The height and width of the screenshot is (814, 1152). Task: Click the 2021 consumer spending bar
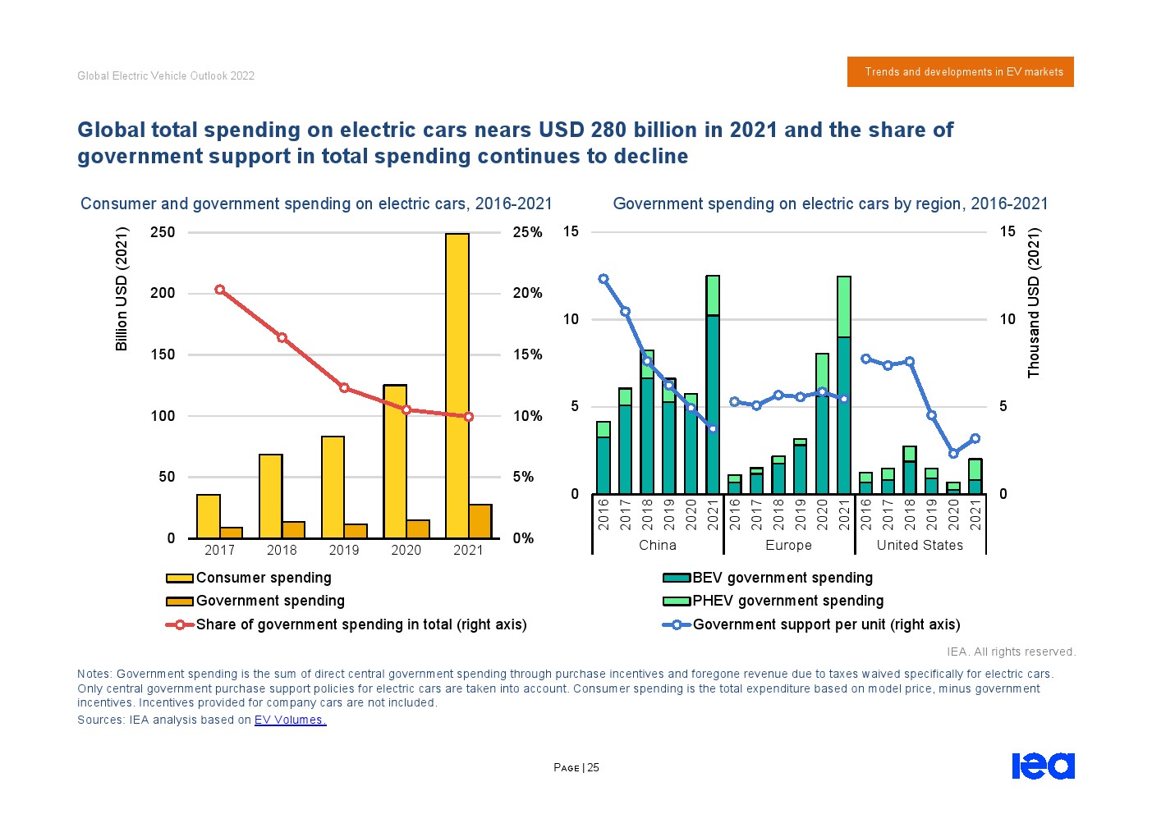pyautogui.click(x=457, y=386)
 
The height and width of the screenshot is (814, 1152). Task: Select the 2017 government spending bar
pyautogui.click(x=232, y=533)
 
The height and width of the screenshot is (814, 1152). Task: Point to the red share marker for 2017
pyautogui.click(x=219, y=290)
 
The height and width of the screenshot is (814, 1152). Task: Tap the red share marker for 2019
pyautogui.click(x=344, y=388)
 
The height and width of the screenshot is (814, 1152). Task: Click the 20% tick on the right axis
pyautogui.click(x=527, y=293)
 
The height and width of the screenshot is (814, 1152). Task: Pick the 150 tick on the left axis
pyautogui.click(x=163, y=354)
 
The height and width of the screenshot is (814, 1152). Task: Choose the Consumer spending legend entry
pyautogui.click(x=263, y=578)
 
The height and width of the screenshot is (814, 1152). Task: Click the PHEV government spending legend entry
pyautogui.click(x=787, y=601)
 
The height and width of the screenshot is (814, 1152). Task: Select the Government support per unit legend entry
pyautogui.click(x=824, y=624)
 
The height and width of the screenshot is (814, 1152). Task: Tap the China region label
pyautogui.click(x=658, y=545)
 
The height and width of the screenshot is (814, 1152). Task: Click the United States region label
pyautogui.click(x=920, y=545)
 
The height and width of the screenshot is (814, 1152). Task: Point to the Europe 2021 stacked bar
pyautogui.click(x=844, y=386)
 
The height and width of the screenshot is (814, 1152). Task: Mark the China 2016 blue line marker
pyautogui.click(x=604, y=279)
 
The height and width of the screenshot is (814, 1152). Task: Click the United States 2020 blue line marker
pyautogui.click(x=953, y=454)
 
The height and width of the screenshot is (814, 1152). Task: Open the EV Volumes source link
pyautogui.click(x=290, y=720)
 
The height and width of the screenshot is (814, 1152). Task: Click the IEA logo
pyautogui.click(x=1043, y=766)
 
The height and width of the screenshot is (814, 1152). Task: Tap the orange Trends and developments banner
pyautogui.click(x=960, y=72)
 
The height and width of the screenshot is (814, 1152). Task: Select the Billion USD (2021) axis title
pyautogui.click(x=122, y=289)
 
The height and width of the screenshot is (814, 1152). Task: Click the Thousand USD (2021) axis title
pyautogui.click(x=1034, y=303)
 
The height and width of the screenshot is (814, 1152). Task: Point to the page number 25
pyautogui.click(x=593, y=768)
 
